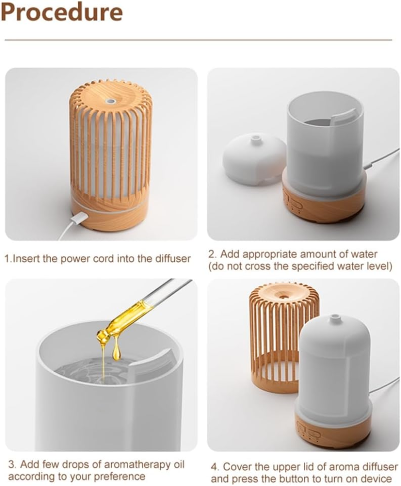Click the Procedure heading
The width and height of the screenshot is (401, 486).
62,13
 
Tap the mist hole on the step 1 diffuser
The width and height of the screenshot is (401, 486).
109,101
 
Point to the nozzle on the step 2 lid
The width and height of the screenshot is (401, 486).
255,139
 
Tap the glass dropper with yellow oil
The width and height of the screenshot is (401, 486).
139,313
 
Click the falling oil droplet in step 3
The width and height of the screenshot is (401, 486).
116,352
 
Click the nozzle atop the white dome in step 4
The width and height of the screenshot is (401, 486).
334,318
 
